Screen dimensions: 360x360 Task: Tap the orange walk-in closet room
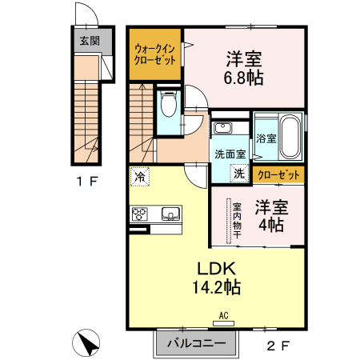156,54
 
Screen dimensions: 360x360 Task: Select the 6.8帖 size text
245,78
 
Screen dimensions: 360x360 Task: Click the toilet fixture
169,105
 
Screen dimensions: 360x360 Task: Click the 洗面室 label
229,153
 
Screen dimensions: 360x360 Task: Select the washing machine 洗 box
238,172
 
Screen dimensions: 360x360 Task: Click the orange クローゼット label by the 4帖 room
279,174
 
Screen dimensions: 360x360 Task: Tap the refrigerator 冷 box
140,177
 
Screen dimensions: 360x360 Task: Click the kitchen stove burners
140,214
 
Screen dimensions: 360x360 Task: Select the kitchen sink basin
170,214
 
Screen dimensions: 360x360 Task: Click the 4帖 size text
268,225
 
